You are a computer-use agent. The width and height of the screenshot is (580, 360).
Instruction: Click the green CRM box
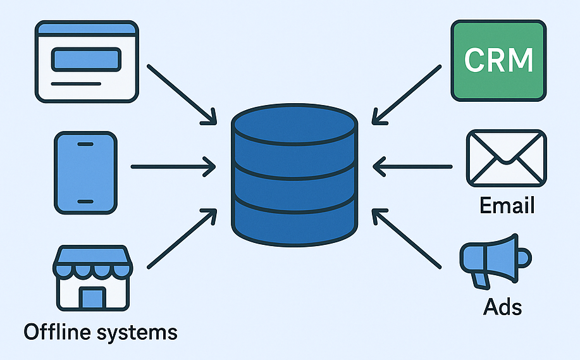click(x=498, y=60)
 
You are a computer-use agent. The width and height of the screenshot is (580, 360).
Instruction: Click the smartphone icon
click(x=85, y=171)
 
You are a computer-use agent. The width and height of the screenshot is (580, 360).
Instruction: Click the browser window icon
click(x=86, y=61)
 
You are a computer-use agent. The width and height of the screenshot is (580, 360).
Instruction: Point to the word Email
click(x=507, y=206)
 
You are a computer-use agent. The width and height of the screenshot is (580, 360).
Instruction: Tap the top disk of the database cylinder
click(x=295, y=123)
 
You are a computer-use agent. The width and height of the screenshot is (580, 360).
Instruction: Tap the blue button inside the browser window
click(x=85, y=59)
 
